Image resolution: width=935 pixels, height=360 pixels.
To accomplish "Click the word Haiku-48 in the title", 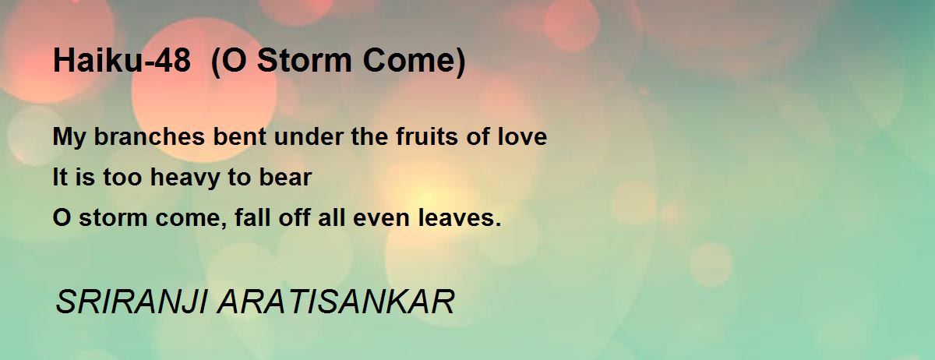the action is (x=122, y=61).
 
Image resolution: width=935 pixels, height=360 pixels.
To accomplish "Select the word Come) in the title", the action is (x=414, y=62).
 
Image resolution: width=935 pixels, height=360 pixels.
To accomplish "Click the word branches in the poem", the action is (x=150, y=136).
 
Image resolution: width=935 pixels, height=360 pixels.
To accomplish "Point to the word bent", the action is (x=240, y=136).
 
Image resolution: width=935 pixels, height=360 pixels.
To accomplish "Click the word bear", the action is (x=285, y=177).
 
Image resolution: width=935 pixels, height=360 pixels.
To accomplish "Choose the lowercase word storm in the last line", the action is (x=113, y=217).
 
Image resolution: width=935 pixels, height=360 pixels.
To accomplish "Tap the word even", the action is (x=381, y=218).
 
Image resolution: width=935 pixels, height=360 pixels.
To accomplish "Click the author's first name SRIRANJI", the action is (x=132, y=302).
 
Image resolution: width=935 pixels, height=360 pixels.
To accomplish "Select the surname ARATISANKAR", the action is (x=336, y=302).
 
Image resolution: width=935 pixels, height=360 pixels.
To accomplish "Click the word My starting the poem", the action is (x=69, y=138).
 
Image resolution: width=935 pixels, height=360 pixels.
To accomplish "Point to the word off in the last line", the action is (x=295, y=217).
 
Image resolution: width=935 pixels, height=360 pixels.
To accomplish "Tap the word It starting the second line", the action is (x=60, y=177).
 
